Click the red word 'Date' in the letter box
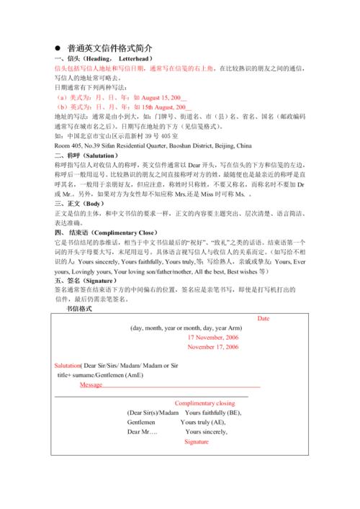click(263, 318)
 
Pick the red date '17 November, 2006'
click(212, 337)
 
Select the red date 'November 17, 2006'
click(212, 347)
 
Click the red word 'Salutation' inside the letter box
click(67, 366)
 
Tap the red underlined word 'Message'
click(91, 385)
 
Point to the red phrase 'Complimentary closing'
click(204, 403)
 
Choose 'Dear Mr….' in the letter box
click(142, 431)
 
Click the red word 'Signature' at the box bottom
click(196, 441)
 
